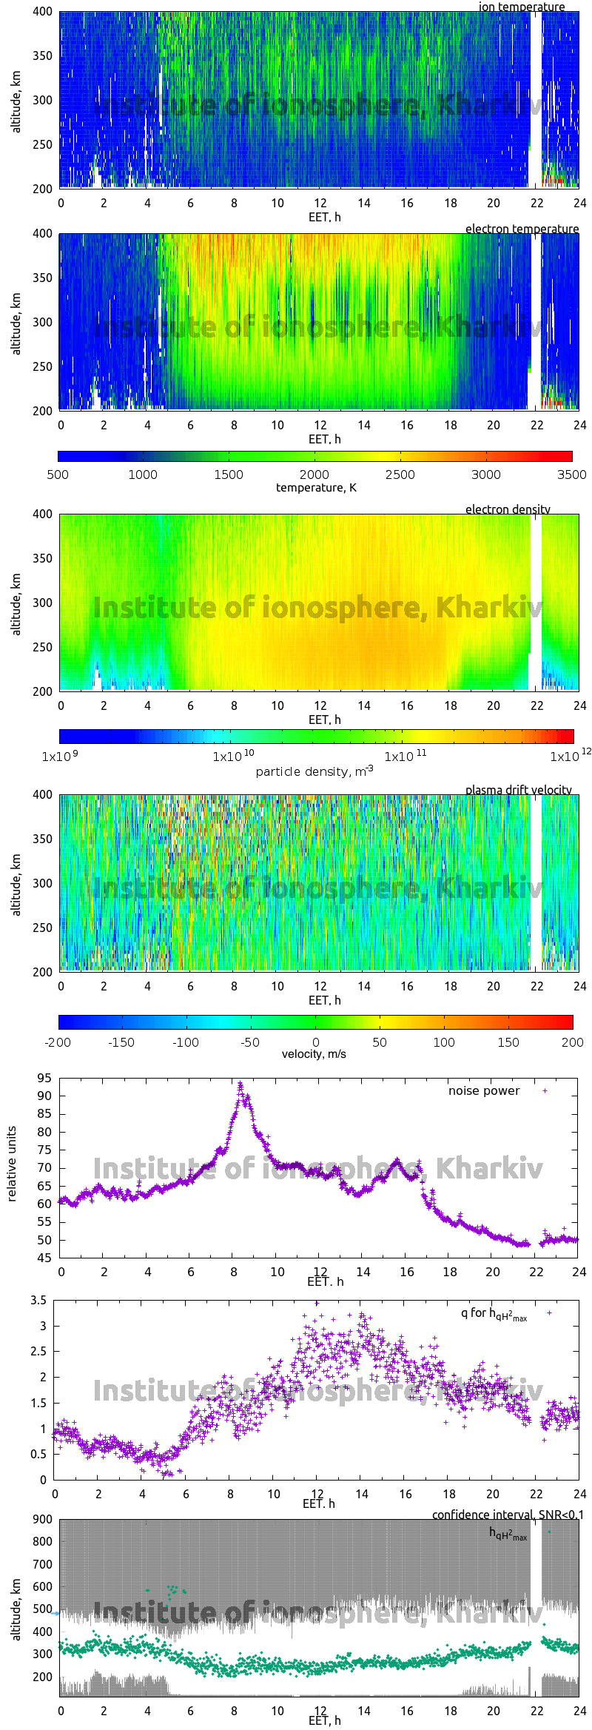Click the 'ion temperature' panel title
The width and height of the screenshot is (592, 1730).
(x=521, y=7)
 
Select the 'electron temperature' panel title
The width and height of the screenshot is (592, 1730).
(x=522, y=229)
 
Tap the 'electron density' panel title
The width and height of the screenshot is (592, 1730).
(x=508, y=509)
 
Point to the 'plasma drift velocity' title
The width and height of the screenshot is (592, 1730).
(x=518, y=790)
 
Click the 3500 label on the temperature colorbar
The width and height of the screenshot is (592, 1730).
(x=571, y=475)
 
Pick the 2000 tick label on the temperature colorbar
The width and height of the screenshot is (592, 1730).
(x=314, y=475)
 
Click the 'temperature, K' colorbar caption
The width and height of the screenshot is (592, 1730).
(x=316, y=487)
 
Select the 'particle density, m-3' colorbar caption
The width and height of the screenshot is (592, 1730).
(x=314, y=771)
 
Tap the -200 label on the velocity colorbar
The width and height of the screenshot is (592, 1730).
(x=58, y=1042)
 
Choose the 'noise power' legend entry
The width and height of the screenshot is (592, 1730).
(x=484, y=1091)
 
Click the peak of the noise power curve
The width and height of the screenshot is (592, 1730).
(x=240, y=1084)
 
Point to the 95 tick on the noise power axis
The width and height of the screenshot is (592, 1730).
(x=44, y=1078)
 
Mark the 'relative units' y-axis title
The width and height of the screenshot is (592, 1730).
(x=12, y=1164)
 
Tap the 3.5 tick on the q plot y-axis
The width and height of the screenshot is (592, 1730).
(x=38, y=1301)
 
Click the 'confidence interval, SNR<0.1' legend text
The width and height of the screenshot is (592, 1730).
(x=508, y=1515)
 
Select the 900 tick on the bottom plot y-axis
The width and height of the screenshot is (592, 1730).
(x=43, y=1520)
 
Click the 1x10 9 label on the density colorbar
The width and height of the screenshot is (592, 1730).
(x=59, y=757)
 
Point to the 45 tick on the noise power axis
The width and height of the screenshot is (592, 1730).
(x=44, y=1258)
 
